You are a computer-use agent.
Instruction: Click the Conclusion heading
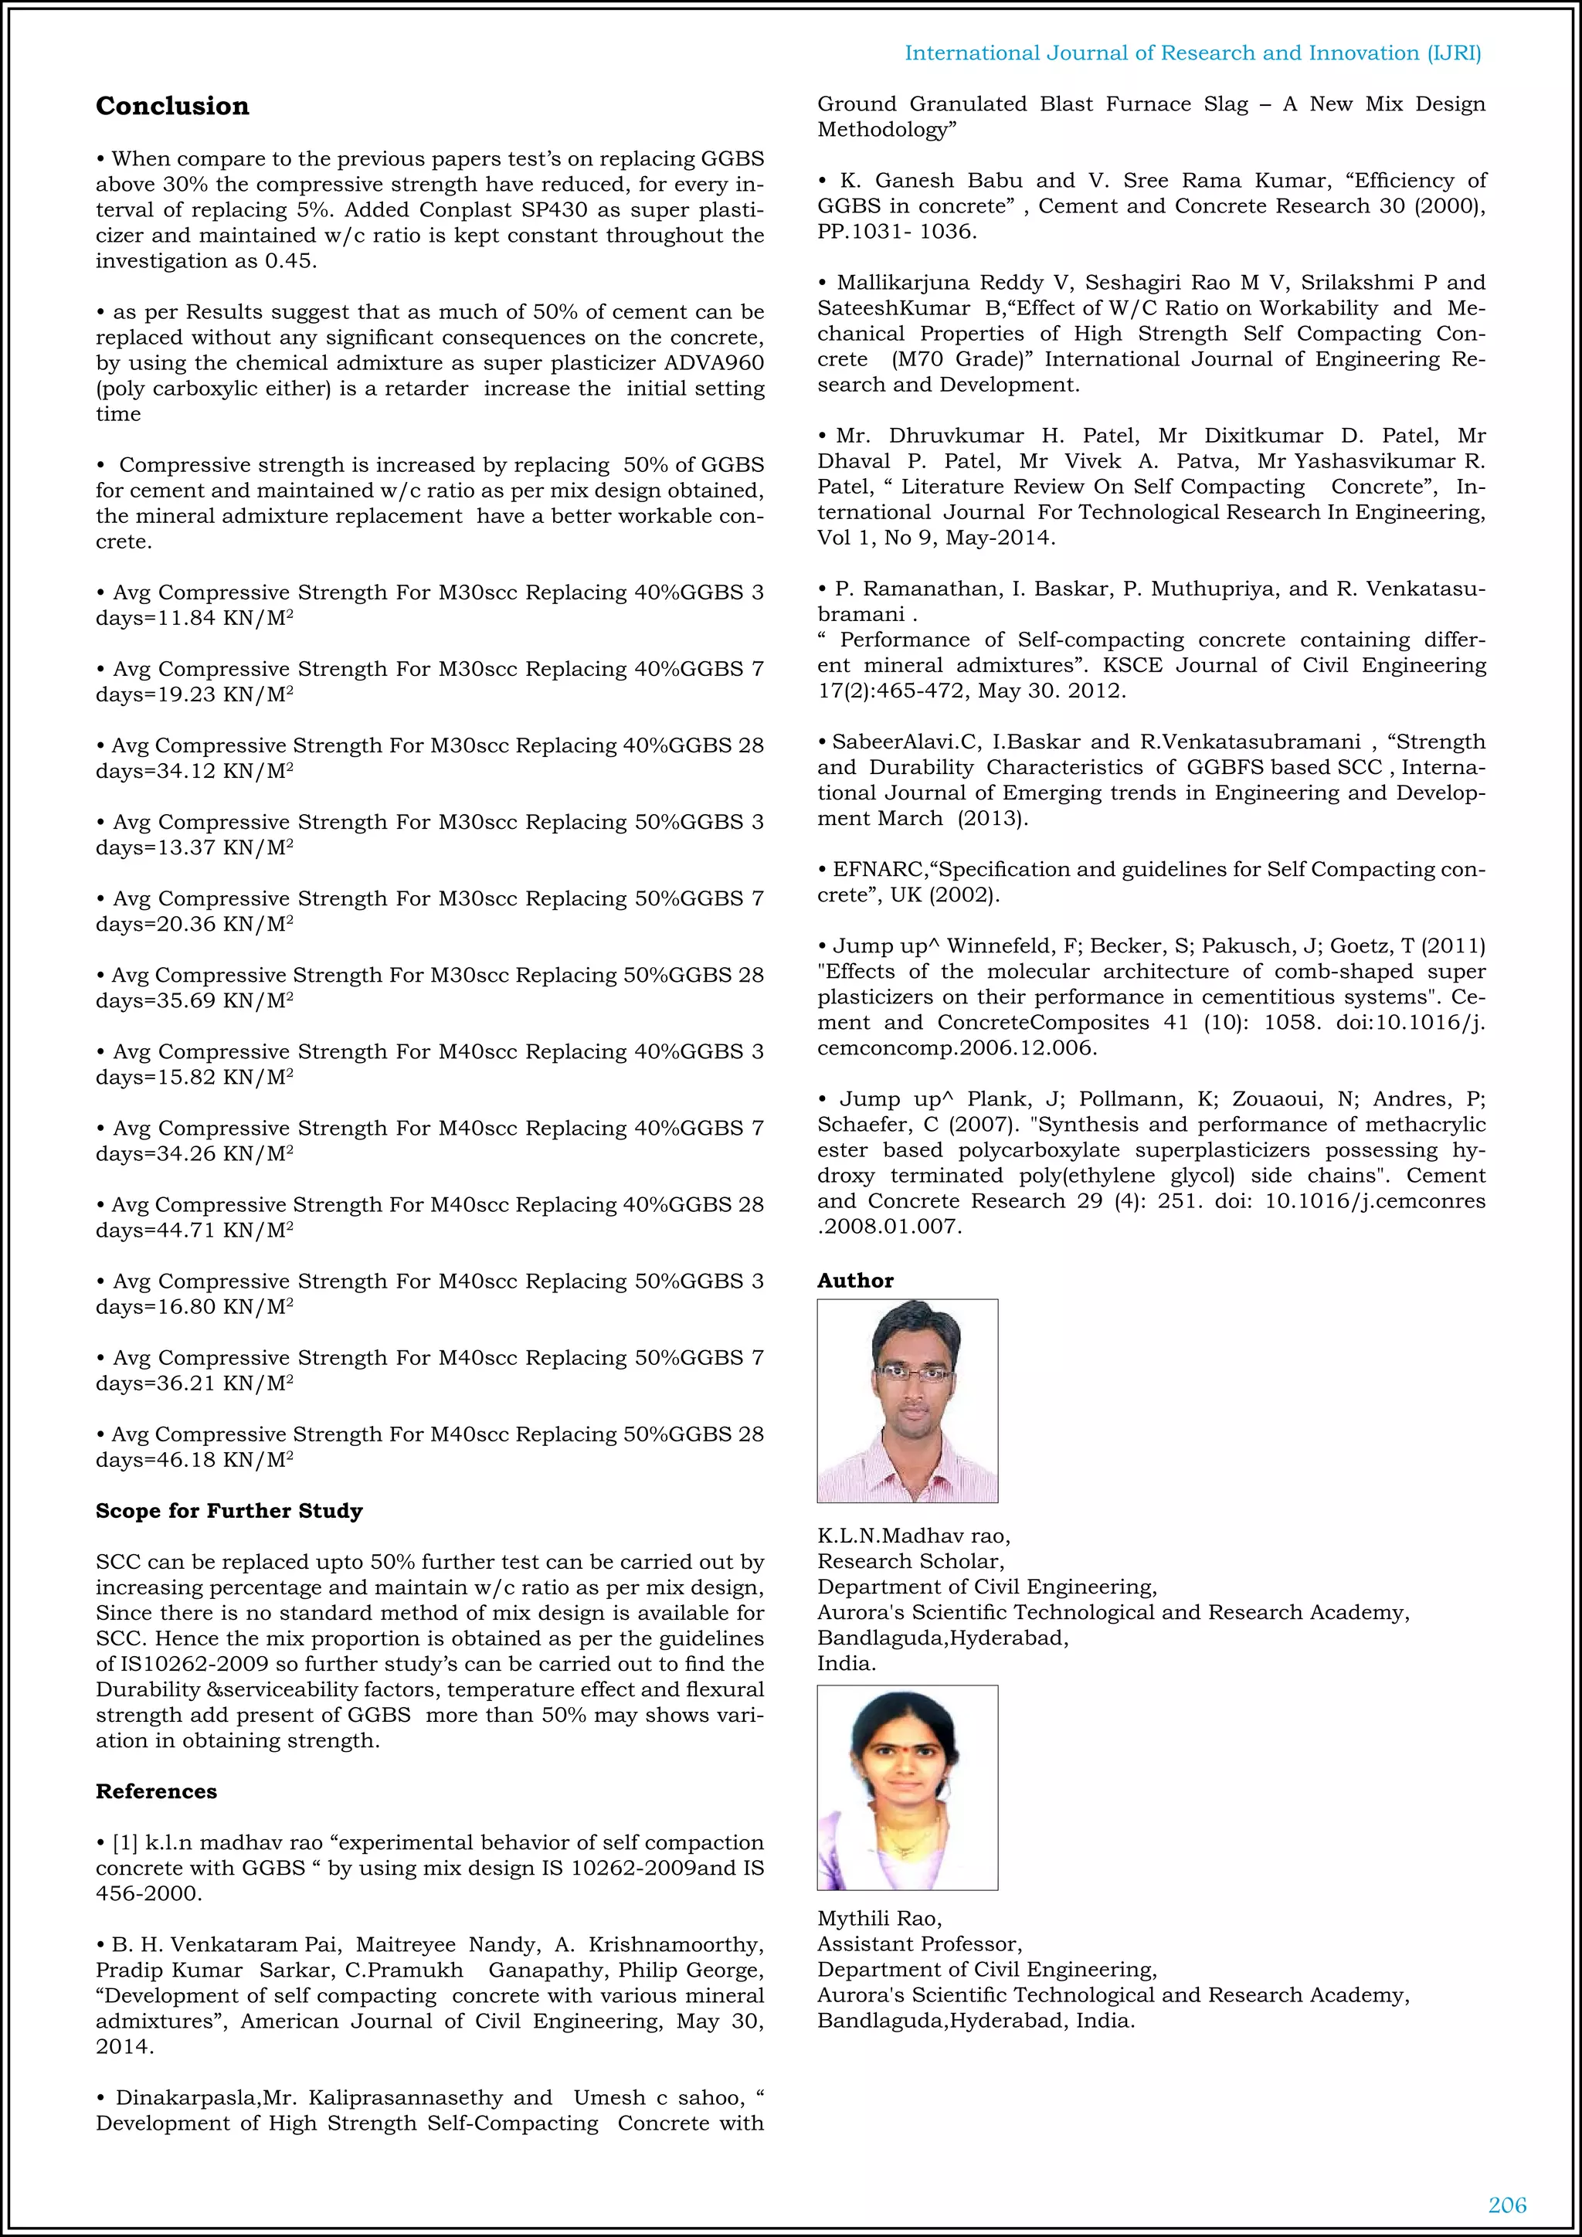[x=171, y=106]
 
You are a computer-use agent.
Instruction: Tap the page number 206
[x=1507, y=2204]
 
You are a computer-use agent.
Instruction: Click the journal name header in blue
[x=1193, y=53]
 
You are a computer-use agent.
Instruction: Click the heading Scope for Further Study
[x=229, y=1510]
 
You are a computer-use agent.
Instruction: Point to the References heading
[x=156, y=1791]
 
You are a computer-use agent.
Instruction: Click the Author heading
[x=854, y=1280]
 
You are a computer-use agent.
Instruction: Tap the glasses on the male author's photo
[x=913, y=1375]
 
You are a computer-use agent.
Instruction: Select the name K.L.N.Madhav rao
[x=913, y=1536]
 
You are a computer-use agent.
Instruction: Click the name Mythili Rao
[x=878, y=1919]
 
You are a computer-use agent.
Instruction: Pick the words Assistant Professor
[x=918, y=1943]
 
